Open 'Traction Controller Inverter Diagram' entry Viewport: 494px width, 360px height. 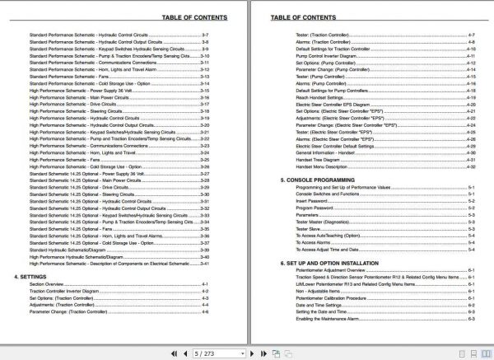coord(67,291)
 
